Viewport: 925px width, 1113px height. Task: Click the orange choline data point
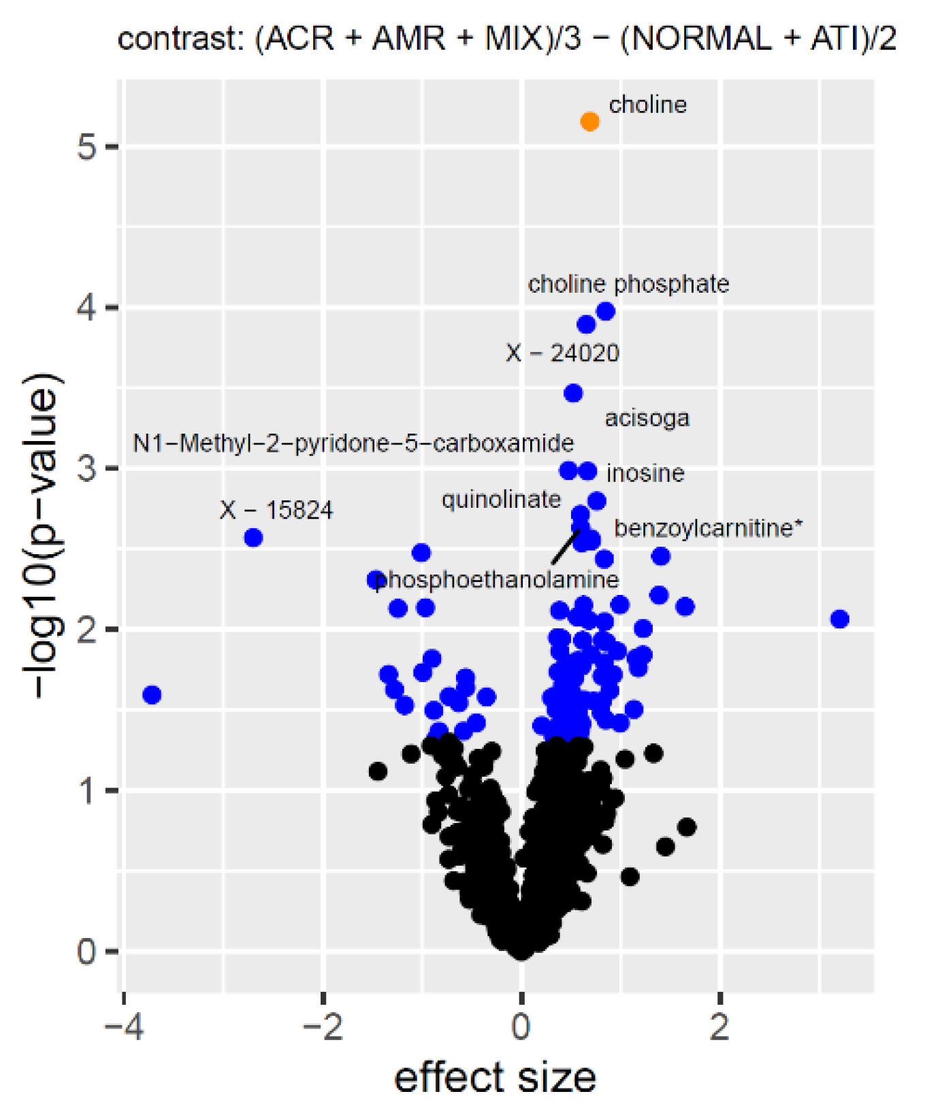tap(589, 122)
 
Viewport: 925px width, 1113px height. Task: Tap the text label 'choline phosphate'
tap(628, 284)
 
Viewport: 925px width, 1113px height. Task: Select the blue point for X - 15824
tap(253, 538)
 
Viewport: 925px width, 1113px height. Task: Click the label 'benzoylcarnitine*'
tap(708, 528)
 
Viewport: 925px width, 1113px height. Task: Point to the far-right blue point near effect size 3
tap(840, 619)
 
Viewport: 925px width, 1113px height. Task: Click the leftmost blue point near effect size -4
tap(152, 695)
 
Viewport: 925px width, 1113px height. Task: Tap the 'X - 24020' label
tap(562, 353)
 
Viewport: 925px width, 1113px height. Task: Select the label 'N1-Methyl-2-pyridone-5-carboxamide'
tap(353, 444)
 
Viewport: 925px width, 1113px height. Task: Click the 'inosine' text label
tap(645, 473)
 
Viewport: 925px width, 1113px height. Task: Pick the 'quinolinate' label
tap(501, 500)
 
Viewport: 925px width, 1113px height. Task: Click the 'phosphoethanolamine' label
tap(497, 580)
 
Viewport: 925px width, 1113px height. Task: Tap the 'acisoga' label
tap(647, 418)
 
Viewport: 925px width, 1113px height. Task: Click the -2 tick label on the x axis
tap(323, 1027)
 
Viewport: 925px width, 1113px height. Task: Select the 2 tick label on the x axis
tap(719, 1027)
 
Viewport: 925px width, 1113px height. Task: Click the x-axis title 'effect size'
tap(495, 1078)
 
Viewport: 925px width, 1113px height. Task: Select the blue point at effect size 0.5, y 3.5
tap(573, 393)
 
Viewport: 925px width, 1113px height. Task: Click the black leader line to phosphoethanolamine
tap(565, 547)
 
